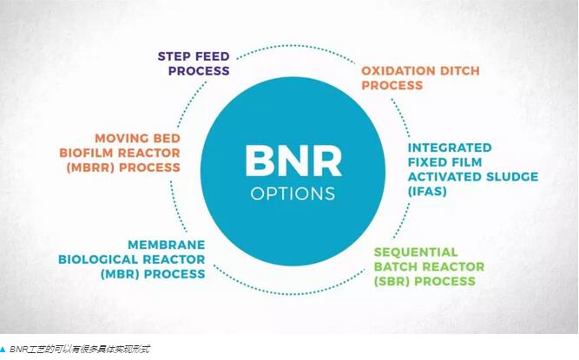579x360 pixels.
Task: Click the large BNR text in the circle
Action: click(x=293, y=161)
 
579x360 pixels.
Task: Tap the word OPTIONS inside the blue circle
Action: click(x=293, y=193)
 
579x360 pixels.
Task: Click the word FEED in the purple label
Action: click(x=214, y=56)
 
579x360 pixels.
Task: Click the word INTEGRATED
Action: click(x=450, y=147)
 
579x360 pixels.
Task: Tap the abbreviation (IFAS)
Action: click(x=428, y=191)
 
